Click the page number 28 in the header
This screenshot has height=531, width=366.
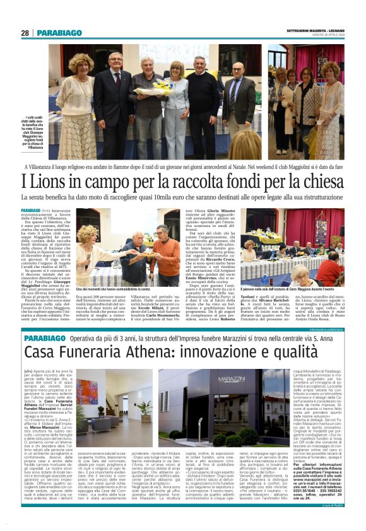point(25,32)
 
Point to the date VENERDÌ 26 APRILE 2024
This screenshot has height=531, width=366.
point(326,36)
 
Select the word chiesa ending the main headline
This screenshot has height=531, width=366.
point(324,182)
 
